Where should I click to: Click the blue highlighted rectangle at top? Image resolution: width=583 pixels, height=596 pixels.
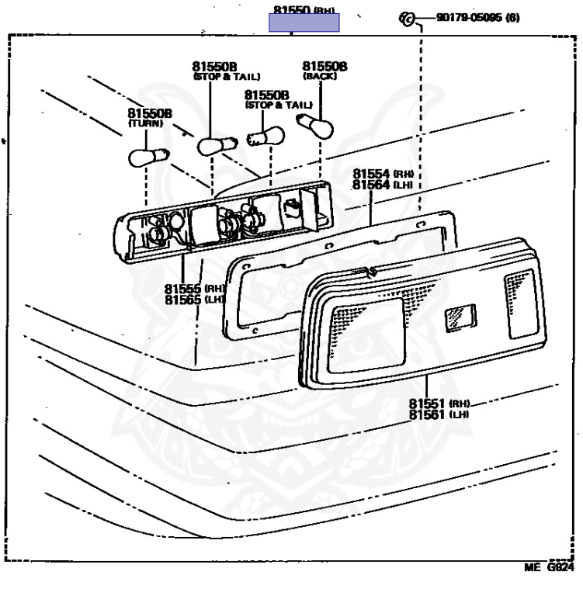click(304, 23)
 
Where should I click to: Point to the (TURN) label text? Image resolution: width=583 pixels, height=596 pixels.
click(143, 124)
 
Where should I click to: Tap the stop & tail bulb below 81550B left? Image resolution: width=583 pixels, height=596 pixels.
click(211, 144)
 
